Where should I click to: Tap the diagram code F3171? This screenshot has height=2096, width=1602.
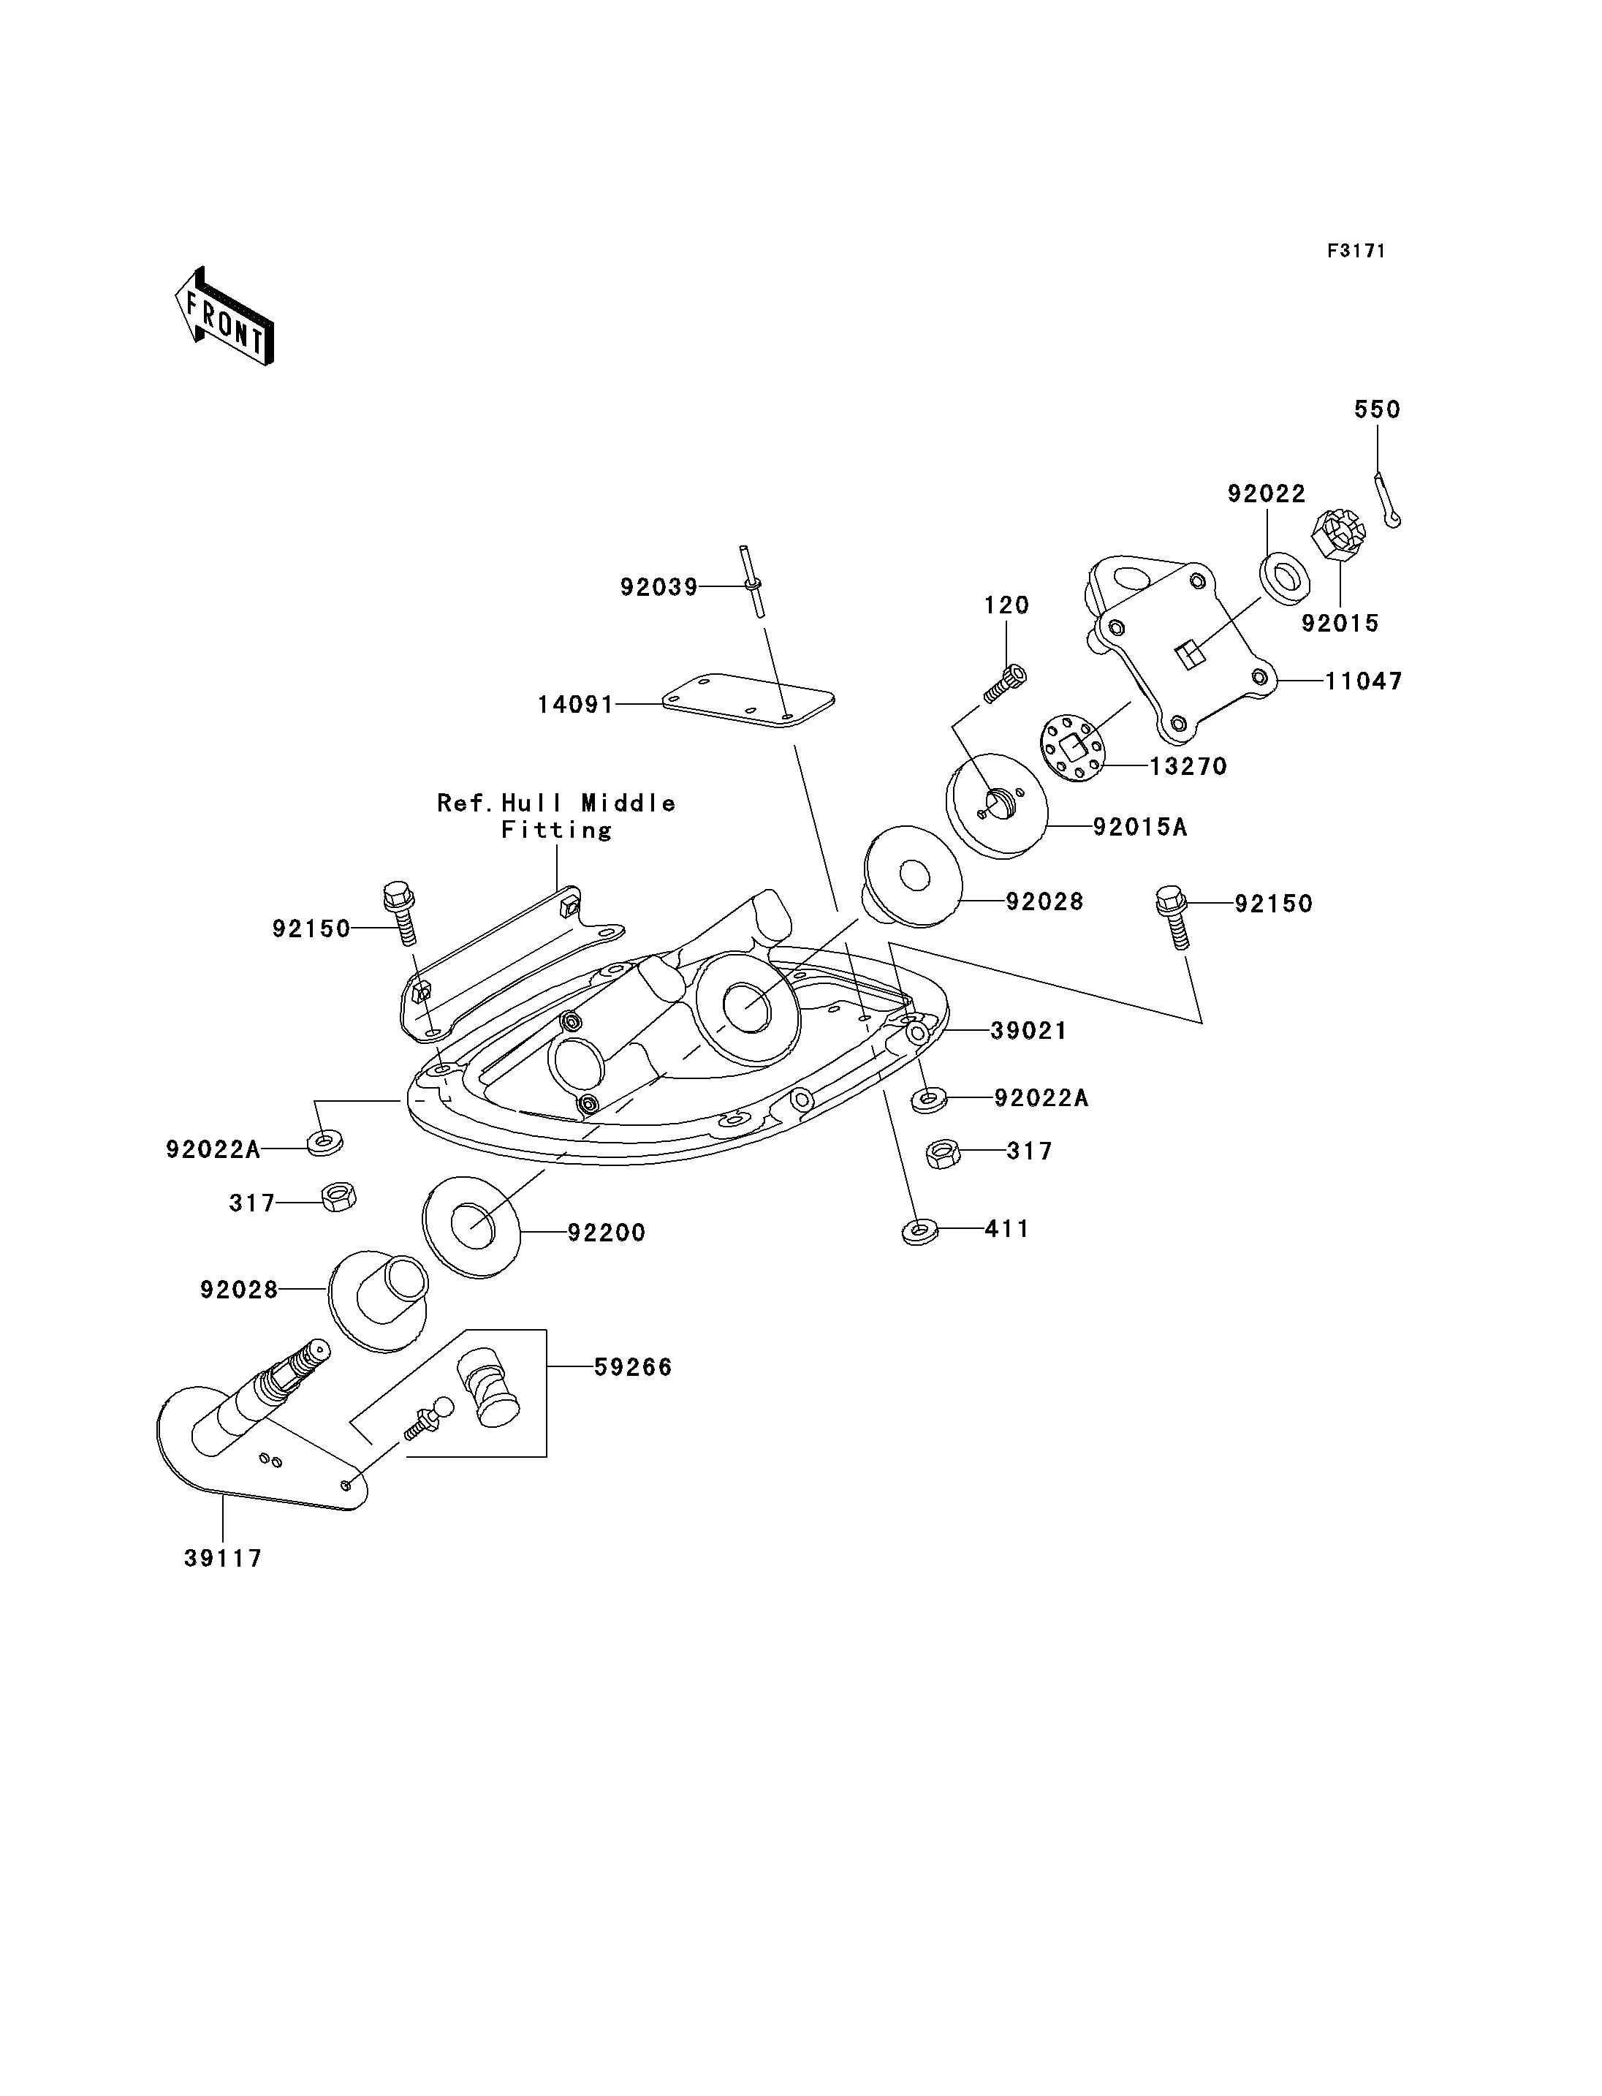tap(1356, 251)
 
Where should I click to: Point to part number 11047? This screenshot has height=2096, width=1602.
tap(1364, 681)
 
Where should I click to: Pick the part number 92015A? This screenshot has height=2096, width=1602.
tap(1139, 827)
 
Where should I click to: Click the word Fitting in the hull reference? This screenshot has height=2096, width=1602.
tap(557, 830)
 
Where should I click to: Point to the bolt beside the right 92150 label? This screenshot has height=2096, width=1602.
tap(1174, 917)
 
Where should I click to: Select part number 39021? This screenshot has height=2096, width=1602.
tap(1029, 1030)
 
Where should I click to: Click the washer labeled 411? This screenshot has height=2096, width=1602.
tap(919, 1232)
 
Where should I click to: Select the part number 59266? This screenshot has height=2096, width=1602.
tap(633, 1367)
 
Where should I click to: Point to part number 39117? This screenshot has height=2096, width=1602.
tap(223, 1558)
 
